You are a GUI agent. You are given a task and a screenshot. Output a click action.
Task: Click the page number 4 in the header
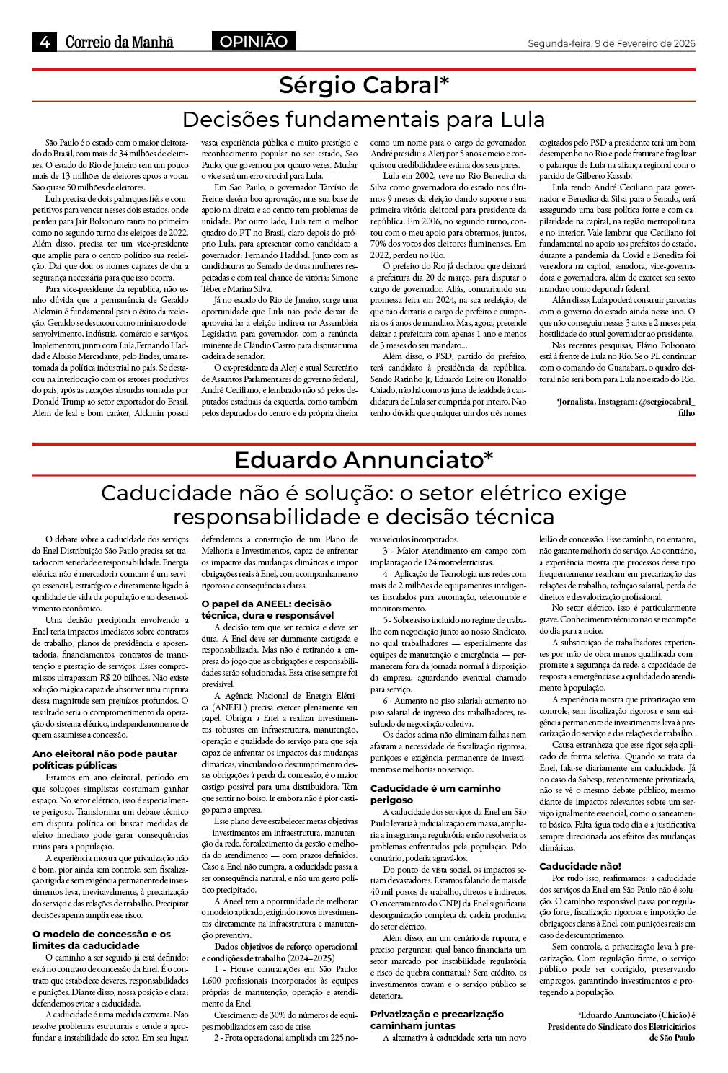[x=44, y=42]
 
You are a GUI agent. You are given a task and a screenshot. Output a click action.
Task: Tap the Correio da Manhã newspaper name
[x=120, y=42]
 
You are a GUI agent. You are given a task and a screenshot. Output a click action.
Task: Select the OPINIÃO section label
[x=253, y=42]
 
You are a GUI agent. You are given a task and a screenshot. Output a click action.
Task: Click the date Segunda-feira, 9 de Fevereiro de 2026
[x=611, y=43]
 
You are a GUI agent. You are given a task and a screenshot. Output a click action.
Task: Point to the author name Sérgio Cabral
[x=358, y=85]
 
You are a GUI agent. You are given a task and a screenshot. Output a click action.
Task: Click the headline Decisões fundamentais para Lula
[x=363, y=119]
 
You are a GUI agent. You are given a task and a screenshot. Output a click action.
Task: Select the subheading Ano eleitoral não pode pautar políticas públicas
[x=105, y=759]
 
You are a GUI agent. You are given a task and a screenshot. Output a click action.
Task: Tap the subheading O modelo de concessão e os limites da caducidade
[x=102, y=940]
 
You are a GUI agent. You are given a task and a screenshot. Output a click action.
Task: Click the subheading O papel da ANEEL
[x=267, y=609]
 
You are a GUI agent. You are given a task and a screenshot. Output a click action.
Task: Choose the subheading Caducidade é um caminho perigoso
[x=435, y=794]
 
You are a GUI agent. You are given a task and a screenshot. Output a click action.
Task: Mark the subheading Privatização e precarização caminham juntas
[x=437, y=1020]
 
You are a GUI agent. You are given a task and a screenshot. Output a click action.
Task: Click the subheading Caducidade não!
[x=580, y=866]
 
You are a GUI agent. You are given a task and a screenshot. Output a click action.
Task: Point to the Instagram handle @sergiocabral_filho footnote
[x=626, y=406]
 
